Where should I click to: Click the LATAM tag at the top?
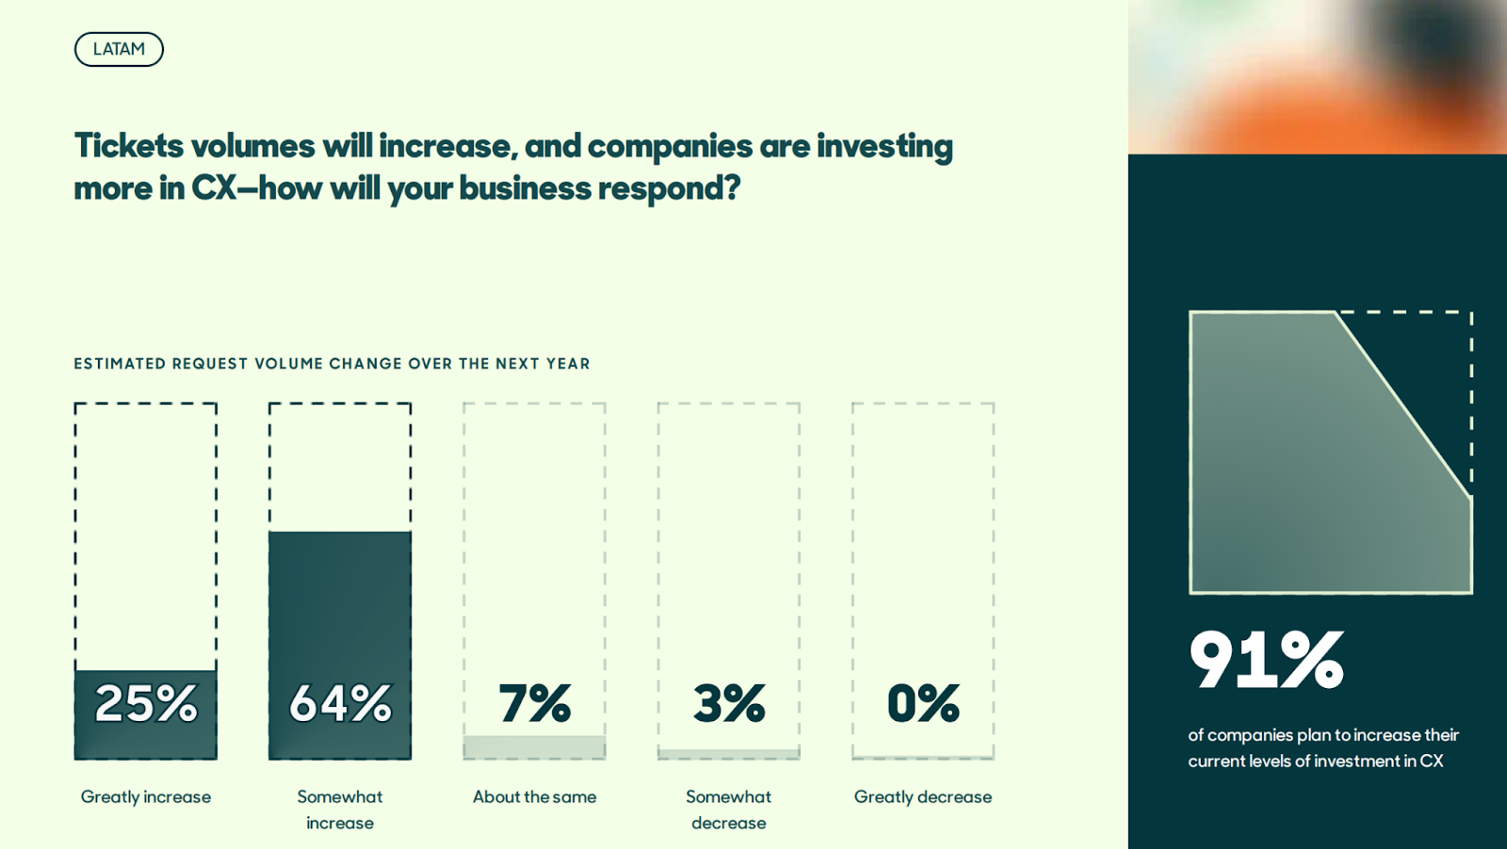pos(119,49)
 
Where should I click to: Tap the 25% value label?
pos(146,704)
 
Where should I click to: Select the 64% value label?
pos(340,704)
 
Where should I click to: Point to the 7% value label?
pos(534,704)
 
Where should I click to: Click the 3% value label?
pos(729,704)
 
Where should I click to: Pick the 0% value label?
pos(923,704)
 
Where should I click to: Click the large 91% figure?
pos(1266,660)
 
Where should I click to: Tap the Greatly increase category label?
pos(146,797)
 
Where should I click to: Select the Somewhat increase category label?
pos(340,809)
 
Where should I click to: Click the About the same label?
pos(534,796)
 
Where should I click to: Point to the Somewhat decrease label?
pos(729,809)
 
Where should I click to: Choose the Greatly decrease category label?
pos(923,797)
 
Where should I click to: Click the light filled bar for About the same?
pos(534,747)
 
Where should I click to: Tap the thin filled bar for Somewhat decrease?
pos(729,754)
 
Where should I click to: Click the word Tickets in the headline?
pos(128,146)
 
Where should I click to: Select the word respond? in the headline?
pos(669,188)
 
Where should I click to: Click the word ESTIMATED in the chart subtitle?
pos(120,363)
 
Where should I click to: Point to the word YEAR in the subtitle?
pos(568,363)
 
